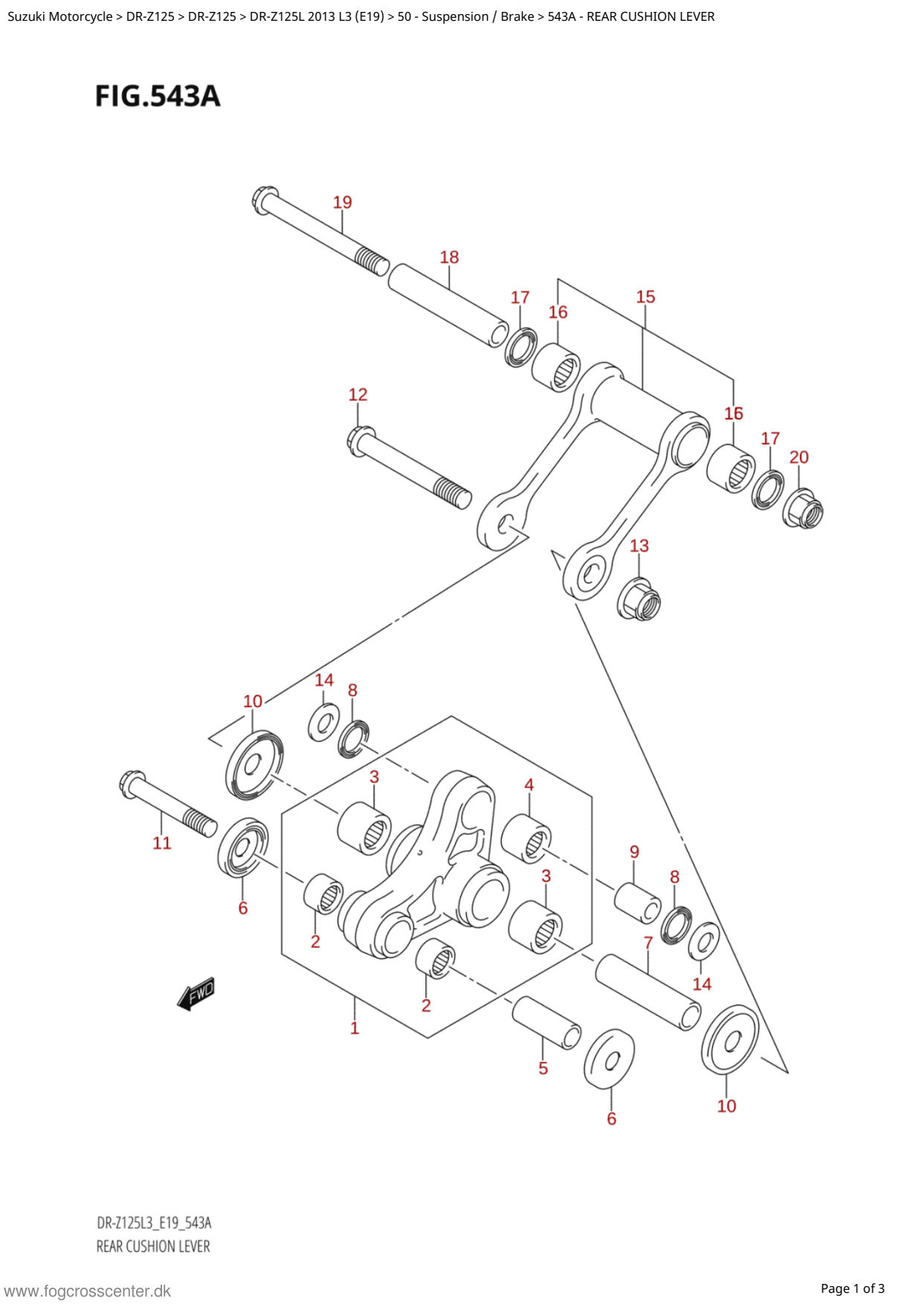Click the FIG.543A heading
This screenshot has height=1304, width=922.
click(x=158, y=97)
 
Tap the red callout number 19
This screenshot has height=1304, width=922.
click(x=342, y=202)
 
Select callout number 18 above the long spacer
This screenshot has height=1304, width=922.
click(x=449, y=257)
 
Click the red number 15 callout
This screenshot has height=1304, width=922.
click(x=645, y=297)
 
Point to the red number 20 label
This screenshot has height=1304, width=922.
click(x=799, y=457)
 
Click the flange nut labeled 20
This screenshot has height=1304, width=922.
click(x=803, y=509)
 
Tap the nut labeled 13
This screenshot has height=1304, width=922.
click(x=639, y=598)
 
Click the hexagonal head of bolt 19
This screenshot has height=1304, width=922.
click(x=265, y=199)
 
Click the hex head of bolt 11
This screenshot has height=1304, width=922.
click(x=132, y=784)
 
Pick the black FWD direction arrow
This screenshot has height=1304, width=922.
click(x=196, y=993)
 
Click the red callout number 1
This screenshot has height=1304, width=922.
click(x=355, y=1028)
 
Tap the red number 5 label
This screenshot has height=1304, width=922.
click(x=543, y=1068)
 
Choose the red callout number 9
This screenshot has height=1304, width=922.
click(x=634, y=852)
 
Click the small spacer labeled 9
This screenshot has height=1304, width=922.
click(x=638, y=903)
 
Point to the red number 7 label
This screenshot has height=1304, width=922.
click(x=648, y=943)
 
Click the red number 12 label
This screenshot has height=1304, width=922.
click(x=358, y=395)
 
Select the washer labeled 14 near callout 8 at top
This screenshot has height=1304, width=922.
click(x=324, y=722)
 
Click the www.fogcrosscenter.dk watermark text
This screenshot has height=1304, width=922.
click(x=87, y=1291)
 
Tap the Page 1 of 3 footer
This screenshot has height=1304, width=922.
click(x=852, y=1288)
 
